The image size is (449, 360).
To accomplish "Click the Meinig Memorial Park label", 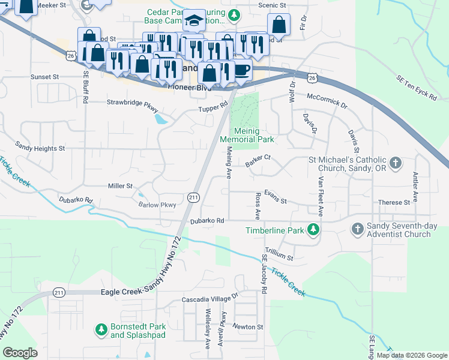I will click(x=247, y=139).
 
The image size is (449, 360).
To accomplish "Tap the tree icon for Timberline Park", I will click(x=313, y=230).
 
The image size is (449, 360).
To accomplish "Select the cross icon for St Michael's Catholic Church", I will click(x=396, y=163).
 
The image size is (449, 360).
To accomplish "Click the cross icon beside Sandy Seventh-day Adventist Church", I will click(x=357, y=229).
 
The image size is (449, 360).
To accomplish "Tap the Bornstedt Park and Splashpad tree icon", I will click(x=101, y=330).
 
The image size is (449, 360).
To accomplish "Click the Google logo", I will click(x=20, y=353).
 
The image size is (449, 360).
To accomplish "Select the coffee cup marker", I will click(x=241, y=70).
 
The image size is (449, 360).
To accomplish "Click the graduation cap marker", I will click(x=194, y=23).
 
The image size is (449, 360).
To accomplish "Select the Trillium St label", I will click(x=280, y=256).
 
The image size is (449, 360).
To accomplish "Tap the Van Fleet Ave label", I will click(x=321, y=196).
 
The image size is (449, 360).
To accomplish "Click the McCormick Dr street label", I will click(x=327, y=100).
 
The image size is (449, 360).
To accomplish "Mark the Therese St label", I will click(x=394, y=203).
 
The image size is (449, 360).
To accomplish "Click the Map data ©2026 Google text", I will click(x=412, y=355).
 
